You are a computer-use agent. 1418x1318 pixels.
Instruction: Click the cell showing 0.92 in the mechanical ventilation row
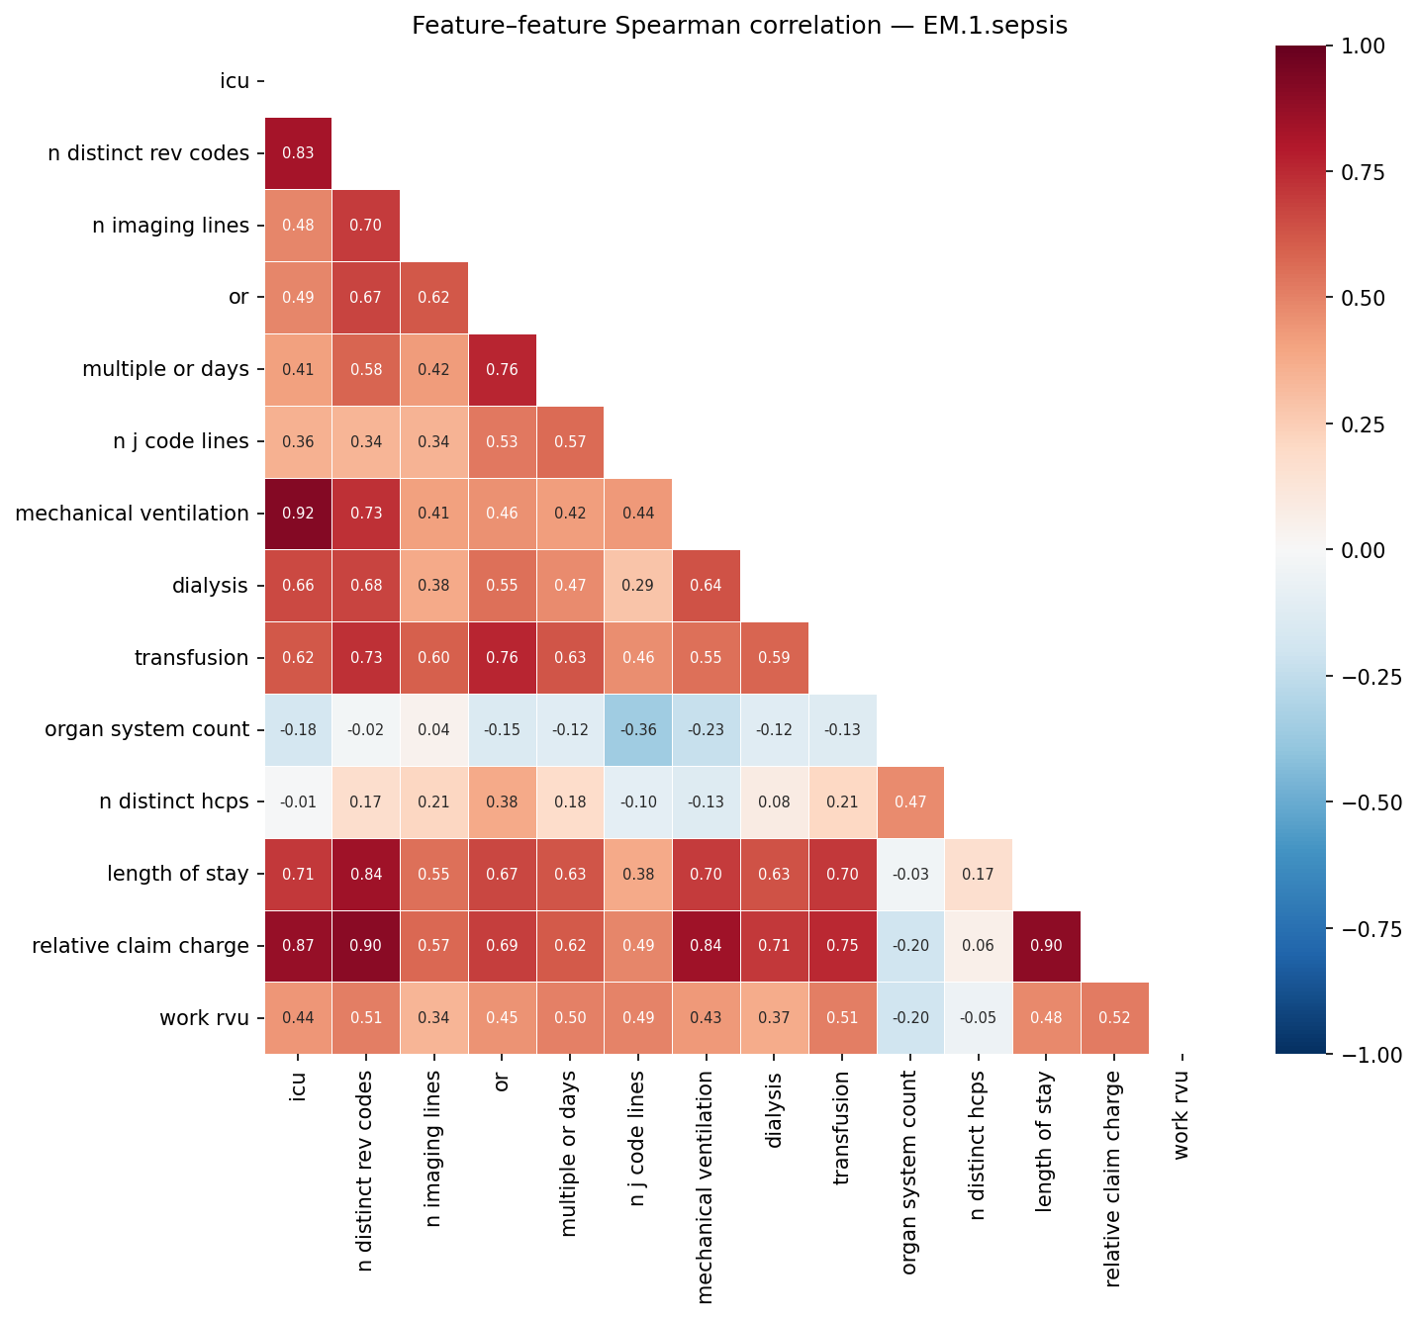click(x=298, y=514)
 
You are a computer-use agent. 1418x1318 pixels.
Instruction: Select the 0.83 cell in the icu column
click(x=298, y=153)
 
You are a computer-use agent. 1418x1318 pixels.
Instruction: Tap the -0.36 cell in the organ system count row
click(x=638, y=730)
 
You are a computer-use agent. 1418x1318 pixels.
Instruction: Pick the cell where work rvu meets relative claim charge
click(x=1114, y=1018)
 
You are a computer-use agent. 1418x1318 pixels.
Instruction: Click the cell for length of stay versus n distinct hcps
click(x=979, y=874)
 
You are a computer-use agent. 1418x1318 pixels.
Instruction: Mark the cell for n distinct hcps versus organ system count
click(x=910, y=801)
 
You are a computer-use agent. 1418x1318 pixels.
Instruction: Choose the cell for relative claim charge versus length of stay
click(x=1046, y=946)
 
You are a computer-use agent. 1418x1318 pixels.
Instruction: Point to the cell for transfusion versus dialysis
click(x=775, y=658)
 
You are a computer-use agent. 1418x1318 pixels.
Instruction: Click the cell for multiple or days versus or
click(x=502, y=369)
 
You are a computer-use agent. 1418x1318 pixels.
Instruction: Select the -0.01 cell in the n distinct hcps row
click(x=298, y=801)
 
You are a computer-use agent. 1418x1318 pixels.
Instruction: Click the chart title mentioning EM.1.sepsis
click(x=739, y=26)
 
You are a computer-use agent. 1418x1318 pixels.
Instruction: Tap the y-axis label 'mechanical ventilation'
click(x=132, y=514)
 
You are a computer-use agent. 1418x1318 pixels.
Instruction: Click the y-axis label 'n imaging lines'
click(x=170, y=226)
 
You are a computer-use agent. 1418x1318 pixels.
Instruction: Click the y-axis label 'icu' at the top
click(x=235, y=81)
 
